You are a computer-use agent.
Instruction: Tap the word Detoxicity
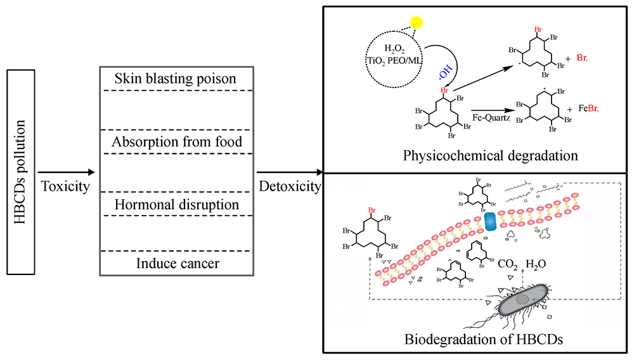[x=290, y=187]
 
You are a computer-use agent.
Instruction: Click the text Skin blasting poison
[x=176, y=79]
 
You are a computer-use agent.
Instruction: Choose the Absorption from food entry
[x=177, y=142]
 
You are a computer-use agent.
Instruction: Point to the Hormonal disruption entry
[x=177, y=205]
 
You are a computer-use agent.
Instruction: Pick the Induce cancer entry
[x=178, y=262]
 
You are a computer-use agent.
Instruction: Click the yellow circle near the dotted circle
[x=416, y=23]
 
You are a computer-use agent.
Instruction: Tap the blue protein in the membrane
[x=492, y=221]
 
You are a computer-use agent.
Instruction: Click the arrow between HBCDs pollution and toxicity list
[x=66, y=172]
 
